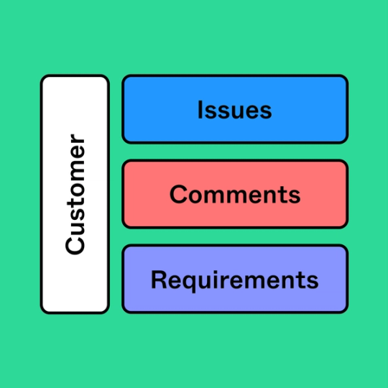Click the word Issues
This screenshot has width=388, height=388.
pyautogui.click(x=234, y=110)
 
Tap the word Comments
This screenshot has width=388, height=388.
pyautogui.click(x=234, y=194)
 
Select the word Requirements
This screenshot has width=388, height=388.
pyautogui.click(x=234, y=279)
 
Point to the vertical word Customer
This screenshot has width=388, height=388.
pyautogui.click(x=75, y=194)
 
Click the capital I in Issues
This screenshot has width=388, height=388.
pyautogui.click(x=200, y=110)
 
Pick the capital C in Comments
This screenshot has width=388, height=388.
pyautogui.click(x=178, y=194)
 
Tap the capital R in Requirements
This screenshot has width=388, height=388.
pyautogui.click(x=158, y=279)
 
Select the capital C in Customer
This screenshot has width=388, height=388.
pyautogui.click(x=75, y=245)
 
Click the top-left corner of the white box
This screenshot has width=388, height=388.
pyautogui.click(x=42, y=77)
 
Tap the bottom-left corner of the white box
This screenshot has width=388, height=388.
pyautogui.click(x=42, y=312)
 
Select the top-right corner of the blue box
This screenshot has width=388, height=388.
pyautogui.click(x=346, y=77)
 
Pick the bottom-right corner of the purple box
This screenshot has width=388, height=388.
pyautogui.click(x=346, y=311)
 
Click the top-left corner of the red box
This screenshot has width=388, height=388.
pyautogui.click(x=124, y=162)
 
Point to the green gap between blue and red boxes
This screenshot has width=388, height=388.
pyautogui.click(x=234, y=152)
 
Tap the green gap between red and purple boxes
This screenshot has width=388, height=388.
pyautogui.click(x=234, y=236)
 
